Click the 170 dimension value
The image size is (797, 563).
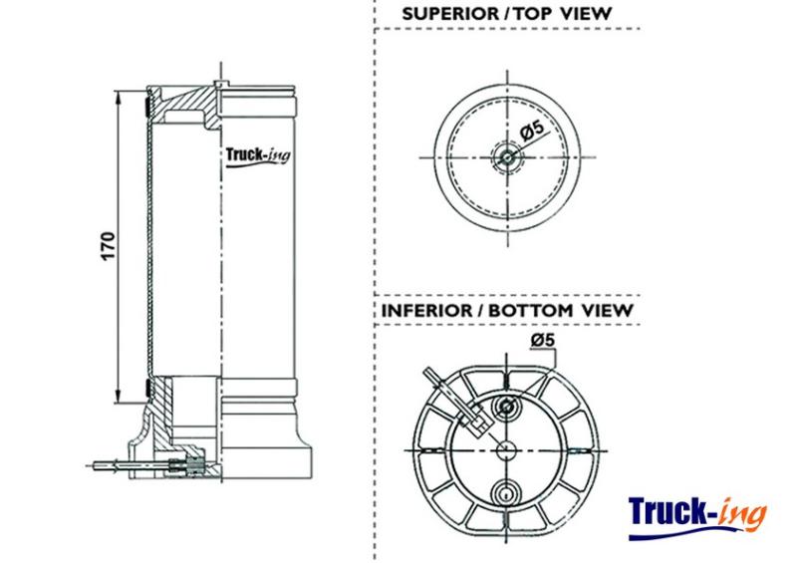pyautogui.click(x=109, y=246)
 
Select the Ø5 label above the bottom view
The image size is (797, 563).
pyautogui.click(x=543, y=340)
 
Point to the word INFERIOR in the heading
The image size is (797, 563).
pyautogui.click(x=426, y=310)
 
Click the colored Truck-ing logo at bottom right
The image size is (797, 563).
pyautogui.click(x=696, y=517)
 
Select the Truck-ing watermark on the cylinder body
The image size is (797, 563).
pyautogui.click(x=258, y=155)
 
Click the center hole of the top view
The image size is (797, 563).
pyautogui.click(x=507, y=157)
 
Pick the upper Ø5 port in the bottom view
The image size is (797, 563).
pyautogui.click(x=506, y=406)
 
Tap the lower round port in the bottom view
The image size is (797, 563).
pyautogui.click(x=506, y=492)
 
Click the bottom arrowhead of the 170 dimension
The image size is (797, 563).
pyautogui.click(x=118, y=397)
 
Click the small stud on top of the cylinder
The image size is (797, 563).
pyautogui.click(x=220, y=84)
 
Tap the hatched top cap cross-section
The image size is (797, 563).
pyautogui.click(x=185, y=106)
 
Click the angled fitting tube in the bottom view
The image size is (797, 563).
pyautogui.click(x=454, y=398)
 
